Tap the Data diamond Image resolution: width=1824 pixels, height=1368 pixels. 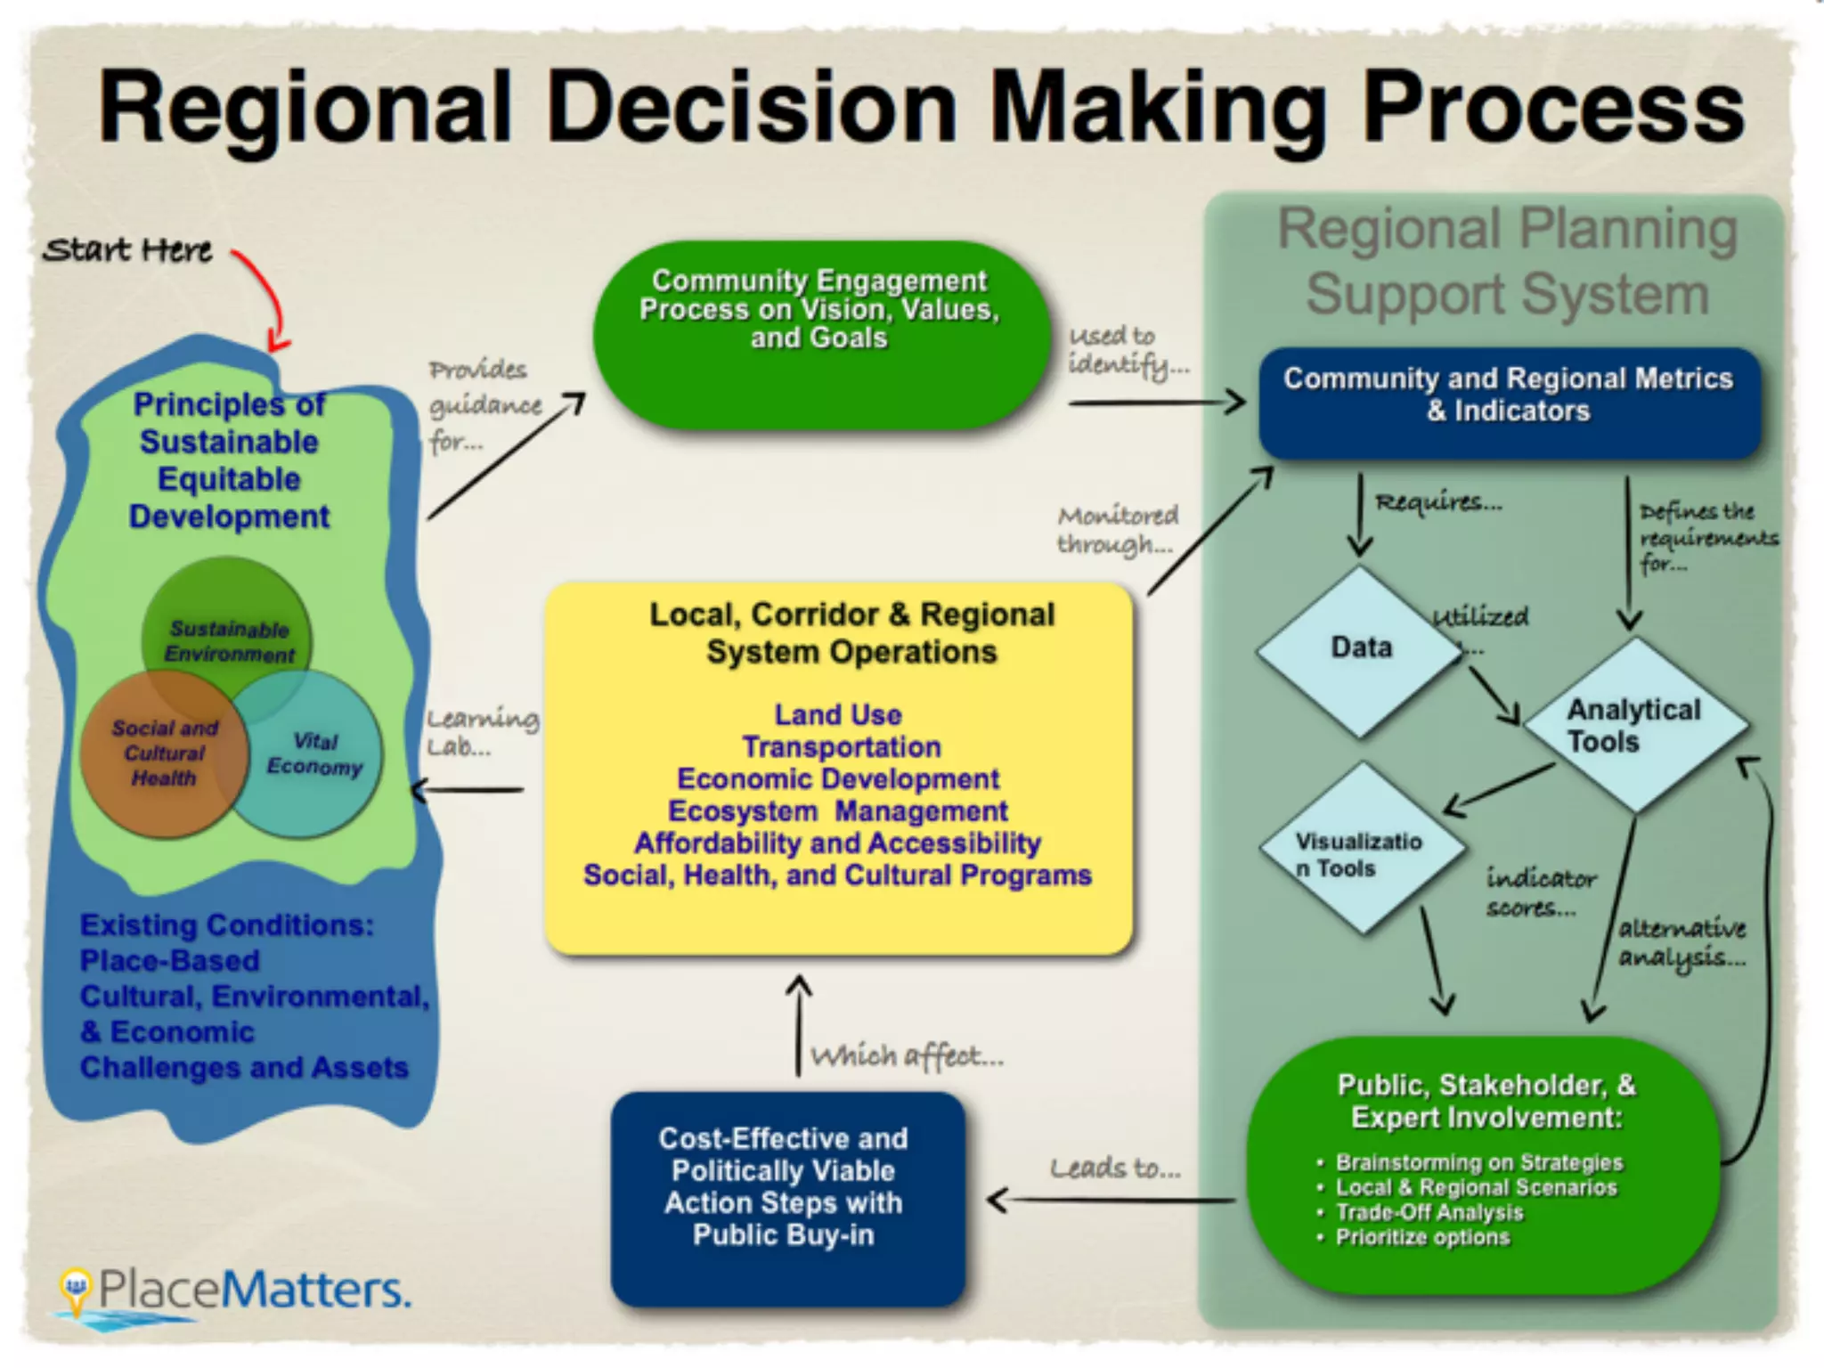(x=1360, y=650)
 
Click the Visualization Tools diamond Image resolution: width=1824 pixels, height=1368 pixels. (x=1361, y=851)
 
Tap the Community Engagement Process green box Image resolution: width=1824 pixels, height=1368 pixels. (x=819, y=334)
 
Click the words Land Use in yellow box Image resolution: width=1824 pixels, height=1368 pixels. (x=837, y=714)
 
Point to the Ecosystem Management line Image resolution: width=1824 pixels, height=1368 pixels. (x=837, y=811)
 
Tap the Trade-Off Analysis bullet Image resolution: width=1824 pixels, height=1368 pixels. (x=1429, y=1212)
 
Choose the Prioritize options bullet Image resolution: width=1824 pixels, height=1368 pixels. (x=1422, y=1237)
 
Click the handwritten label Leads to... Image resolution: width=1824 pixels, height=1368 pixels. (x=1115, y=1168)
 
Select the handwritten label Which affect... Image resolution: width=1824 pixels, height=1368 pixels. (x=907, y=1056)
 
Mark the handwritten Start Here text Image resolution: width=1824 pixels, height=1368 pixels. (x=127, y=250)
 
